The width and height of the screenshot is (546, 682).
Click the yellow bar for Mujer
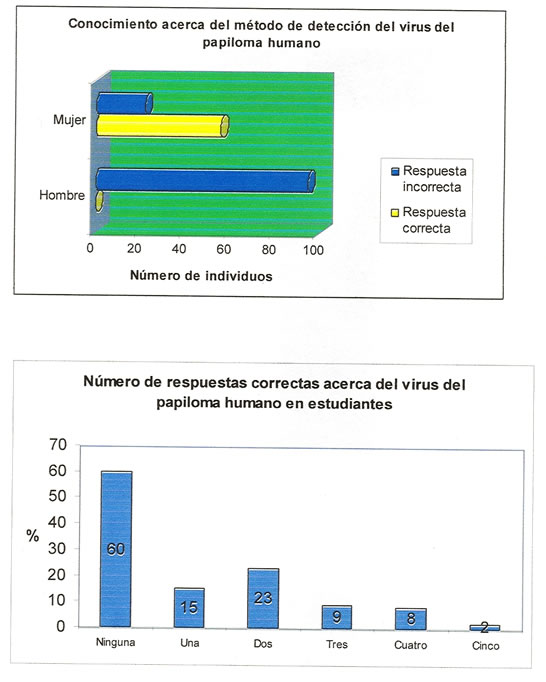162,126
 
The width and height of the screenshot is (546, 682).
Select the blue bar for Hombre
205,181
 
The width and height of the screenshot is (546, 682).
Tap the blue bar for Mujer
124,103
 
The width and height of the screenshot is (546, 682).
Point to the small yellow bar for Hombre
100,201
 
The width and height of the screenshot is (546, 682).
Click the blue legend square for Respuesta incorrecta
395,171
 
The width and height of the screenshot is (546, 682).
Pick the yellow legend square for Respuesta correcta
395,213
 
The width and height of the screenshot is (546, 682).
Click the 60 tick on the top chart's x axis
224,249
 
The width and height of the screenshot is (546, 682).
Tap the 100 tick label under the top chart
313,250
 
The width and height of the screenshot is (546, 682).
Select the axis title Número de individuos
201,276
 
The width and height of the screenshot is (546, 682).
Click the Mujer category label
69,120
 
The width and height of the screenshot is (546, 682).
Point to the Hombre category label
62,195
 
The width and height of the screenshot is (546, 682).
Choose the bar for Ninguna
116,549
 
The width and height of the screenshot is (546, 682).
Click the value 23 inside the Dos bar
263,598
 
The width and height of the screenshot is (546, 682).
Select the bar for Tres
337,617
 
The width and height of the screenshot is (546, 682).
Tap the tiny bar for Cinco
485,628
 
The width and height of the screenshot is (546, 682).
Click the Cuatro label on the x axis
411,645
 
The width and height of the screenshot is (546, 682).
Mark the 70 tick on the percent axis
57,445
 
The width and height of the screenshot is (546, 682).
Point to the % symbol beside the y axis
33,535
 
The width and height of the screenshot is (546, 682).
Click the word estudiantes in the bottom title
350,404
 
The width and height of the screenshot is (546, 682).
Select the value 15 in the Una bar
189,607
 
